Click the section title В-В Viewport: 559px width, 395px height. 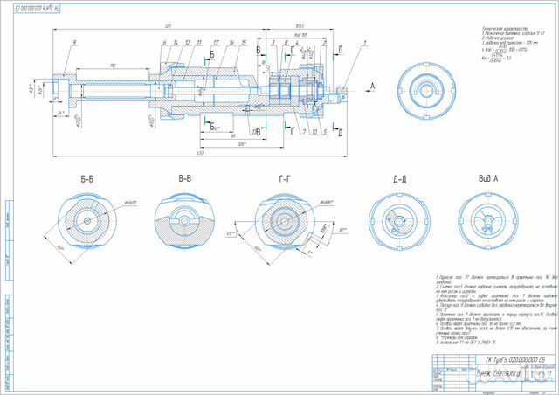point(185,179)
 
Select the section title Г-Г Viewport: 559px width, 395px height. point(285,179)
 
